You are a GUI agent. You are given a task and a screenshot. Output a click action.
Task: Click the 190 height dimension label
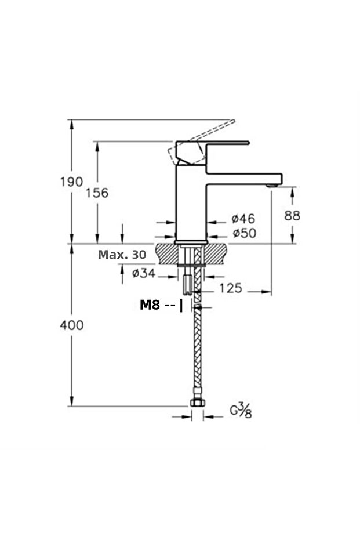[x=71, y=182]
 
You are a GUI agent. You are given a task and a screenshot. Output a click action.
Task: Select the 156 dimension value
[x=97, y=193]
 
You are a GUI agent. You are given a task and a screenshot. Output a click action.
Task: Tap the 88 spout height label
[x=292, y=216]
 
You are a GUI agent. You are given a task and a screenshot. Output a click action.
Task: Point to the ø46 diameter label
[x=243, y=218]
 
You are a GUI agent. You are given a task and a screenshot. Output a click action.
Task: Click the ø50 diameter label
[x=245, y=233]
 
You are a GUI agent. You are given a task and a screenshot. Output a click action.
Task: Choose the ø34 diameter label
[x=144, y=273]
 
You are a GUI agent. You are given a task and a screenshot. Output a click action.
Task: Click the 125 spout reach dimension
[x=231, y=288]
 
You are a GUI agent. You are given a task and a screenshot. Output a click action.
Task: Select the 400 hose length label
[x=71, y=325]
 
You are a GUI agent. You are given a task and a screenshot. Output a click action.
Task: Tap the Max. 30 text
[x=122, y=255]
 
